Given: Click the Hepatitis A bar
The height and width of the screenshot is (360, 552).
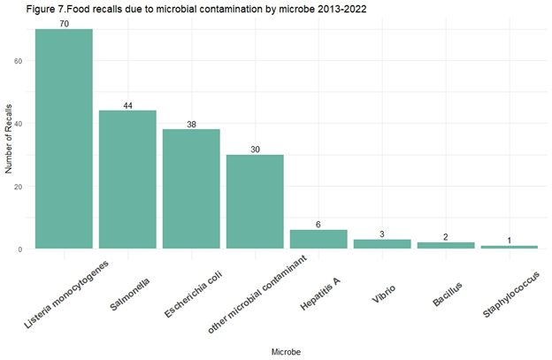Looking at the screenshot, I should point(318,240).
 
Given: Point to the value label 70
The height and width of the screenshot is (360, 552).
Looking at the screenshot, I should point(64,24).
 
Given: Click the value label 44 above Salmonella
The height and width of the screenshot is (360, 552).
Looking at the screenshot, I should point(127,105).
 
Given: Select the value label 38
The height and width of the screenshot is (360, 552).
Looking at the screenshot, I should point(191,124).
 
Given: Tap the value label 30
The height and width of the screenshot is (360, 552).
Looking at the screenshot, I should point(255,149).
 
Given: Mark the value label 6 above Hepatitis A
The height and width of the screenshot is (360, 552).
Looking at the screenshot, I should point(318,225).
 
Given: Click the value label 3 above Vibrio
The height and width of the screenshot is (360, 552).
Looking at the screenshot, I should point(382,234).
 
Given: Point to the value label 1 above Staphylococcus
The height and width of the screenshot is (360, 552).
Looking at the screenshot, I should point(510,241).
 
